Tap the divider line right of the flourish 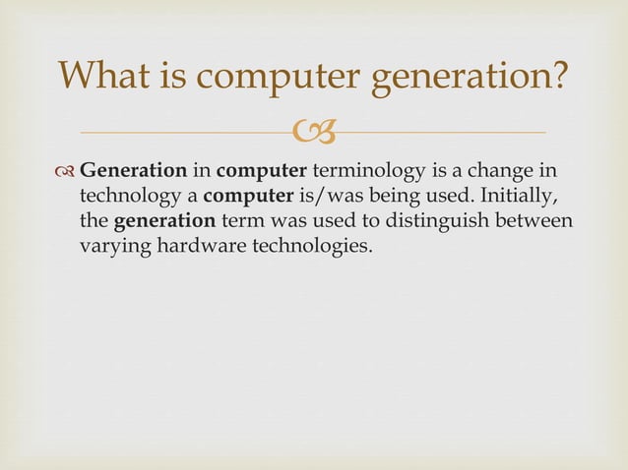443,132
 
